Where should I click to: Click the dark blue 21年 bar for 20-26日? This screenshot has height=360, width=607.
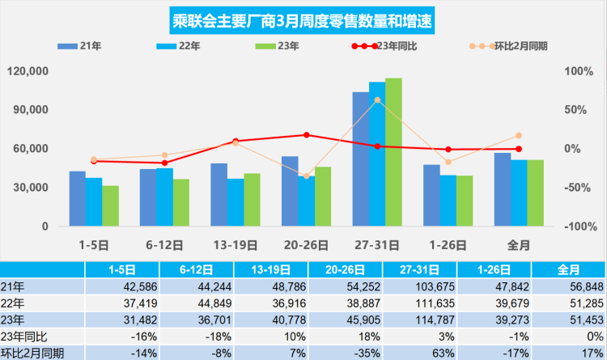[x=290, y=191]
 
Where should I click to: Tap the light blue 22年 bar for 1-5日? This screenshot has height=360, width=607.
[x=94, y=202]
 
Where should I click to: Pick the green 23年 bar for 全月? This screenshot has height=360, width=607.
[x=536, y=193]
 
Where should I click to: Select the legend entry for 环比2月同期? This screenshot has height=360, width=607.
[x=509, y=46]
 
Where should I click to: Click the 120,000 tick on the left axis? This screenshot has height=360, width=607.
[x=28, y=71]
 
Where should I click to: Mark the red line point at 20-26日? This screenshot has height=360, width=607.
[x=306, y=135]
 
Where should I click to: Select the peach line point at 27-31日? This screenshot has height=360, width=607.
[x=377, y=100]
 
